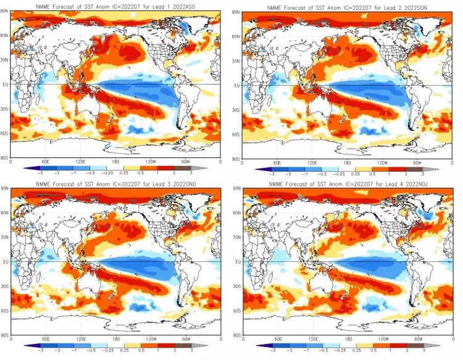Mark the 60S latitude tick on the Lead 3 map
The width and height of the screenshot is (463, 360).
pos(6,311)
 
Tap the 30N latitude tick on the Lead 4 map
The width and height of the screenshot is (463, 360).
pos(237,237)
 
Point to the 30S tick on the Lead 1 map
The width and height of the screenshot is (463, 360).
pos(6,109)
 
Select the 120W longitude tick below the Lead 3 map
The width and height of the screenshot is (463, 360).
pos(151,339)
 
